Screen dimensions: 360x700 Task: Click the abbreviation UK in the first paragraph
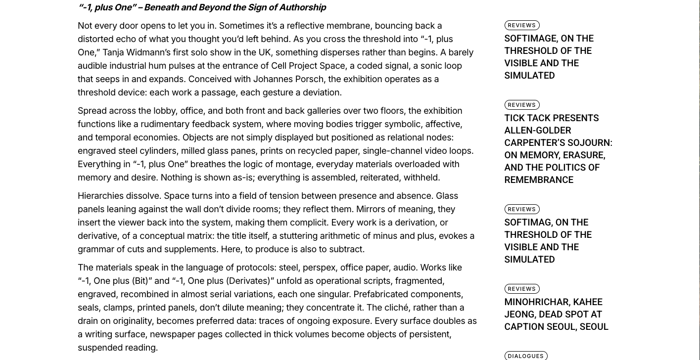[265, 52]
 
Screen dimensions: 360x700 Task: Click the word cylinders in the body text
[158, 151]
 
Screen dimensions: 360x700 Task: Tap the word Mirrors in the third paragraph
[373, 209]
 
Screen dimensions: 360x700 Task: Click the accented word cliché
[394, 308]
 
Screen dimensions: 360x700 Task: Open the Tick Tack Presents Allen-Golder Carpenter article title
[558, 149]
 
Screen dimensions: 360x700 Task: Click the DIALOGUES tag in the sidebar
[525, 356]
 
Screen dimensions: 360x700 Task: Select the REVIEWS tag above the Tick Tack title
[521, 105]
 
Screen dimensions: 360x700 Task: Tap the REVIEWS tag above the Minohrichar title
[521, 289]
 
